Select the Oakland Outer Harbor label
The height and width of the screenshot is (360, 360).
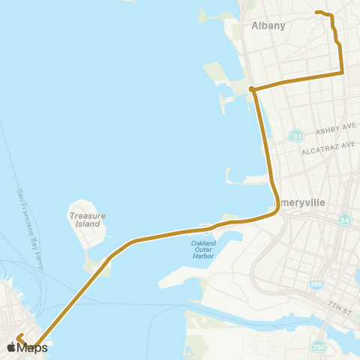(x=202, y=249)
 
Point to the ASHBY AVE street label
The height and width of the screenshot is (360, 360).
(x=332, y=130)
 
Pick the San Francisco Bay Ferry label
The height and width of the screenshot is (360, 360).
(x=27, y=225)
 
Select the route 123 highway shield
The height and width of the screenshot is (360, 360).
(x=296, y=136)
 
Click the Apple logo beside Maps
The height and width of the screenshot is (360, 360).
(x=11, y=347)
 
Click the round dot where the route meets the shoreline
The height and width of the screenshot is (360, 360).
(x=252, y=90)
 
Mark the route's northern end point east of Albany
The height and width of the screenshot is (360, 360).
(x=316, y=12)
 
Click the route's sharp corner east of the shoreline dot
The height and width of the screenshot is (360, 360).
(x=343, y=73)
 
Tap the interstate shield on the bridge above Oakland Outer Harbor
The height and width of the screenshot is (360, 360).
(x=205, y=228)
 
